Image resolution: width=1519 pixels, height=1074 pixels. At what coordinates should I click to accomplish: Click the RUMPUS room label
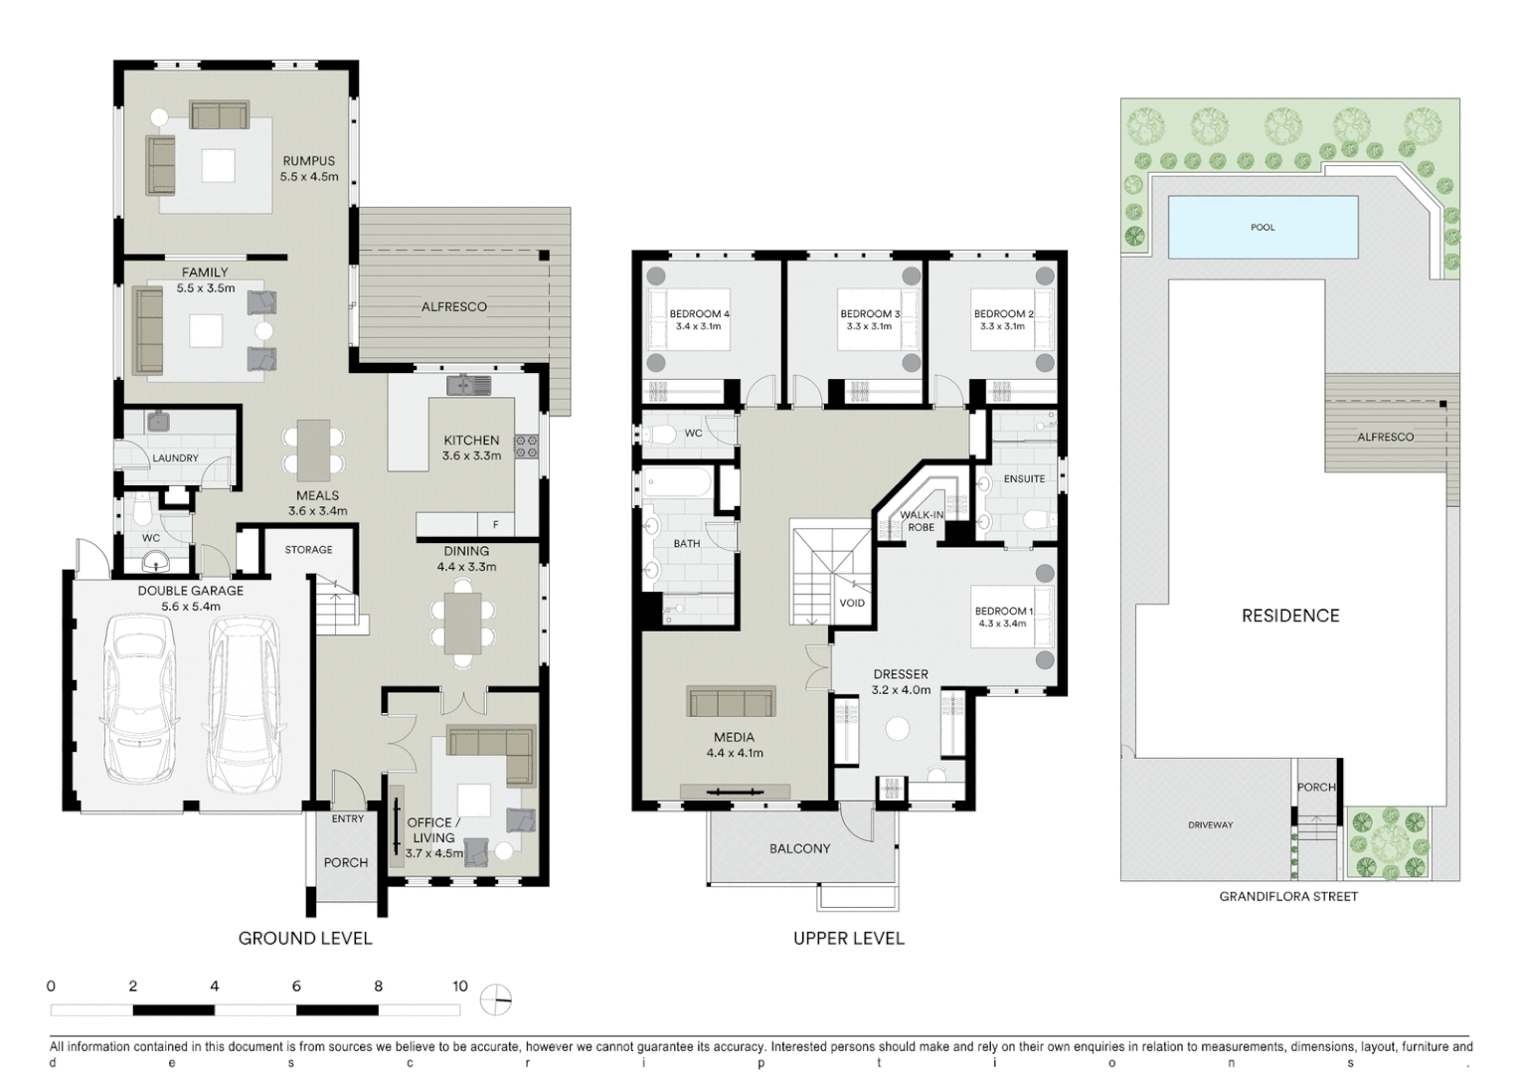coord(308,161)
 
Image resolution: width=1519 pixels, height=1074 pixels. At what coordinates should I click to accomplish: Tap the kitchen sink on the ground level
coord(467,384)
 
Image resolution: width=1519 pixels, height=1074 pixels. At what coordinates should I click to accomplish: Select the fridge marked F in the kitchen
coord(495,524)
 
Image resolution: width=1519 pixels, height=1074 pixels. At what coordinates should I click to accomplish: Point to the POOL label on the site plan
coord(1263,228)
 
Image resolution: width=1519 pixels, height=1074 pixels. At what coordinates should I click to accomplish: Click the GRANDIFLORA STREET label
coord(1288,896)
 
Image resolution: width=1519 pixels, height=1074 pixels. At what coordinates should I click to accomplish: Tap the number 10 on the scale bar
coord(459,986)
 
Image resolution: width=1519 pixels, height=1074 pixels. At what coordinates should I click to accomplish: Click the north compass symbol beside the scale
coord(495,1000)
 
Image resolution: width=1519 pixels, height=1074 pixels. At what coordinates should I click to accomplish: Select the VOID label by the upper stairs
coord(852,603)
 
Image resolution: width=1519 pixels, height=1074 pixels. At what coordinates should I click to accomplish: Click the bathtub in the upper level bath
coord(677,485)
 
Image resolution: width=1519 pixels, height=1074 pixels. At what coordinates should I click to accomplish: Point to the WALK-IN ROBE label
coord(922,521)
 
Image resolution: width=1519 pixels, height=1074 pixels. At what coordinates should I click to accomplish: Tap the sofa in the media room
coord(731,702)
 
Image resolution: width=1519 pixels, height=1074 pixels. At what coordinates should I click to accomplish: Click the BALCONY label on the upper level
coord(799,848)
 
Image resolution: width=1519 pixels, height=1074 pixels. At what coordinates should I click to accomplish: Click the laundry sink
coord(159,423)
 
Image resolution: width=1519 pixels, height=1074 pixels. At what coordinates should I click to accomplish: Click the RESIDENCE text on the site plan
coord(1290,616)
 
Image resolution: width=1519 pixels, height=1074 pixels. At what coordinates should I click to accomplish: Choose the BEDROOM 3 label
coord(870,314)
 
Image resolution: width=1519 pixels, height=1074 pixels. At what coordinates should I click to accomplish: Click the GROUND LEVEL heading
coord(305,938)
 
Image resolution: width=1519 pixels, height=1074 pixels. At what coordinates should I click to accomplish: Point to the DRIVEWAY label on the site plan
coord(1210,825)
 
